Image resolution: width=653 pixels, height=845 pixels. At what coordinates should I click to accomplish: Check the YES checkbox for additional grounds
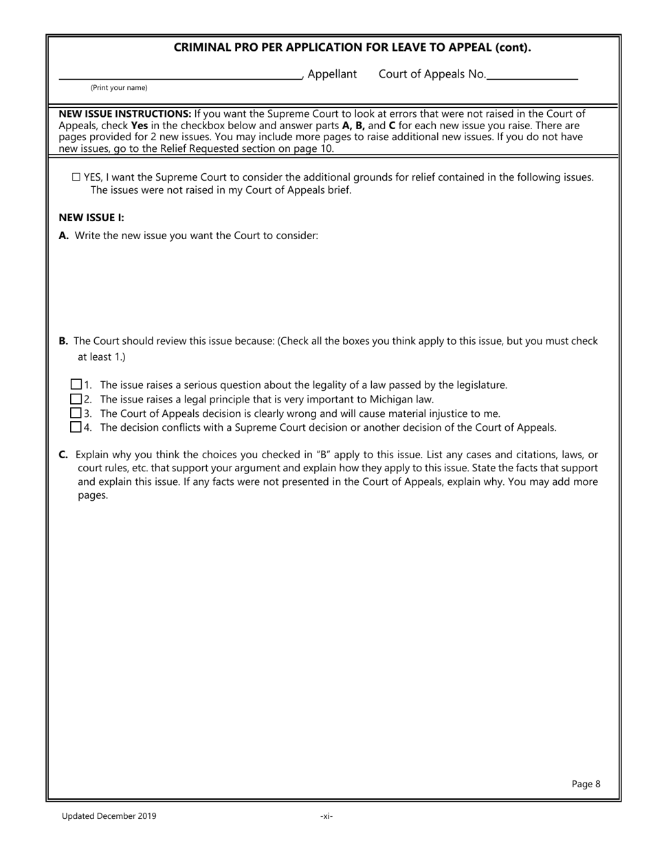76,177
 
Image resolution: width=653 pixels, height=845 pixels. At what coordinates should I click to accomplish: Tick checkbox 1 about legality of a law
76,385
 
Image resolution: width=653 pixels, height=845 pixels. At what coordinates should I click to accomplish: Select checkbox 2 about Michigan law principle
76,399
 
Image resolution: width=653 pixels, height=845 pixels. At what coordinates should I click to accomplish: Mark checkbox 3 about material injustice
76,414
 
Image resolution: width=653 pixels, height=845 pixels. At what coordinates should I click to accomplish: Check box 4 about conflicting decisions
76,427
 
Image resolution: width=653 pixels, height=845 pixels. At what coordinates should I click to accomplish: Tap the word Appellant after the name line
332,74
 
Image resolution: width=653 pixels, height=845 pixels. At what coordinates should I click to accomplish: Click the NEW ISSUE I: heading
91,218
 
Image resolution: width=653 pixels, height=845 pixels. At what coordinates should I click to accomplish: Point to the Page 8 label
586,784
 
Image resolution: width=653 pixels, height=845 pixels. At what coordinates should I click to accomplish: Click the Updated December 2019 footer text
109,816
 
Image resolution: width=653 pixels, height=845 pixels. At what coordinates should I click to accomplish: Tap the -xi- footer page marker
326,816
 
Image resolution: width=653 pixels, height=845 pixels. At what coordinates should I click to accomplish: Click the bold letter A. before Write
64,236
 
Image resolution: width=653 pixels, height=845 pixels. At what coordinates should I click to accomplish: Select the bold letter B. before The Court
63,341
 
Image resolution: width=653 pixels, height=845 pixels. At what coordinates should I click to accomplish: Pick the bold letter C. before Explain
63,455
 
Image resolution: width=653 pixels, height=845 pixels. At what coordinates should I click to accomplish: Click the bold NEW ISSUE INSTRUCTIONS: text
124,114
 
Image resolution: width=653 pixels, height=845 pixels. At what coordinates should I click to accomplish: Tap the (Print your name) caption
119,88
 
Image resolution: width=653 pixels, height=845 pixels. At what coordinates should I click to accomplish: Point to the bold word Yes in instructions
139,126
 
